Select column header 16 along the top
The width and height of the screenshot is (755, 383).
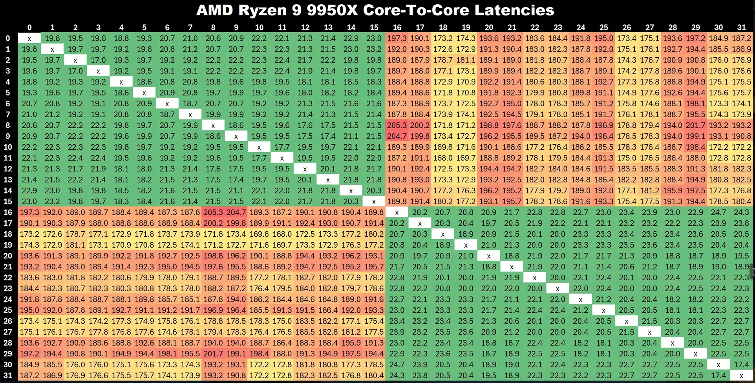click(397, 27)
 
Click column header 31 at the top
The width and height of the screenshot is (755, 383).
click(741, 27)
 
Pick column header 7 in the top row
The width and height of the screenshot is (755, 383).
click(190, 27)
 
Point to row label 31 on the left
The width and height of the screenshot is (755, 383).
click(8, 376)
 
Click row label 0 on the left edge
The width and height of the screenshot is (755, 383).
click(8, 38)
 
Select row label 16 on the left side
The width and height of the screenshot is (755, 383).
click(8, 212)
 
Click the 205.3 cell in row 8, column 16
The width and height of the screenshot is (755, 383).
click(397, 125)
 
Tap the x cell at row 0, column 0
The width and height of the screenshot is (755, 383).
click(29, 38)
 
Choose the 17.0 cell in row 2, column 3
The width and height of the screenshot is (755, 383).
click(98, 60)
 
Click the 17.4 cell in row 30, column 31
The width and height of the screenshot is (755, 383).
click(741, 365)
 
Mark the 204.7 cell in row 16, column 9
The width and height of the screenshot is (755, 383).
click(236, 212)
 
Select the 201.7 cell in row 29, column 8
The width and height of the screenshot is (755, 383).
click(213, 354)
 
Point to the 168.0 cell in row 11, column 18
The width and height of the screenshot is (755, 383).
click(443, 158)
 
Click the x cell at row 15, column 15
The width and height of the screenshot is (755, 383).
click(374, 201)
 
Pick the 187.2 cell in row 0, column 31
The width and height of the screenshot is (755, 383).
click(741, 38)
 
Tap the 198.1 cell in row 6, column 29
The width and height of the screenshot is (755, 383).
click(695, 103)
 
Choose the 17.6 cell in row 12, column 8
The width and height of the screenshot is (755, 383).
click(213, 169)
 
